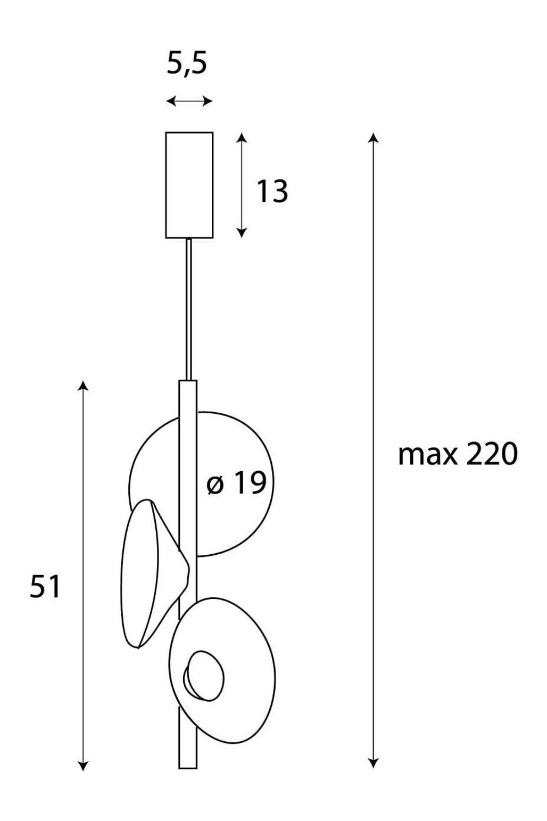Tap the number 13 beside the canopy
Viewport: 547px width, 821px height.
tap(272, 191)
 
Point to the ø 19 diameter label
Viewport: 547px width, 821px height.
tap(236, 483)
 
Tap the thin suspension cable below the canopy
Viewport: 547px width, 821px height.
tap(189, 310)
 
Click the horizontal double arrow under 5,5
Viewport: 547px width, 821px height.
tap(189, 101)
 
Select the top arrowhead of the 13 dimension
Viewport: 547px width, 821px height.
tap(241, 137)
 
